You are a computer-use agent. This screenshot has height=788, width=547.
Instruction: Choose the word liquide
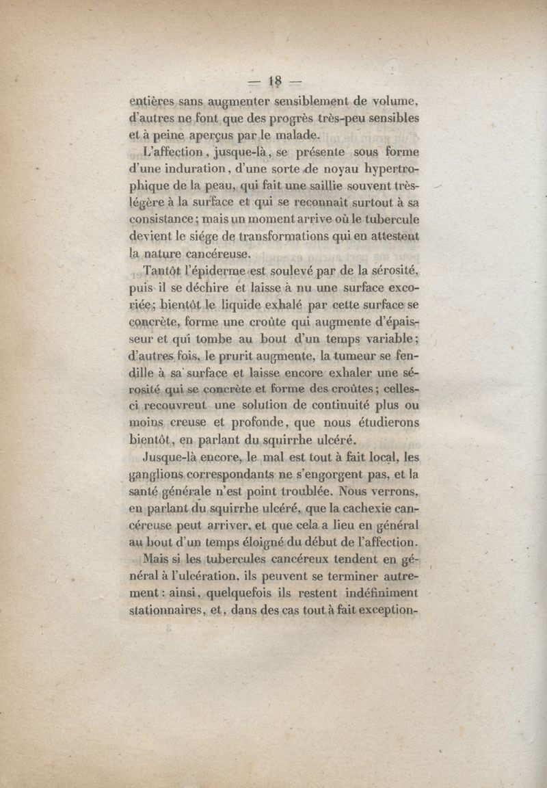tap(223, 304)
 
